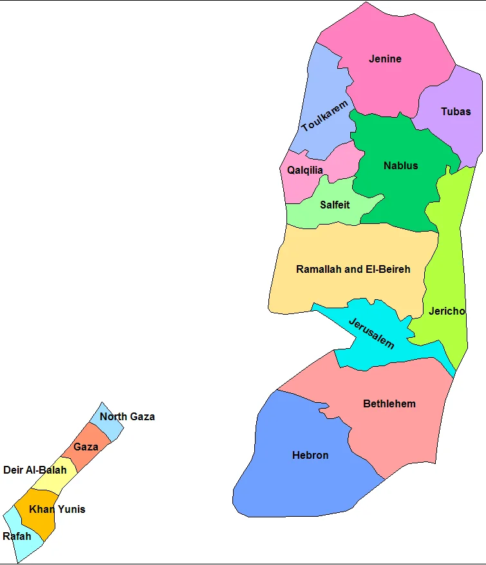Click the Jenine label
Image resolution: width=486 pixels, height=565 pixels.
tap(385, 59)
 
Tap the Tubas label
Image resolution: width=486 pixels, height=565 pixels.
tap(456, 111)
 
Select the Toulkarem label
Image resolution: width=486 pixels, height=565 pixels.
tap(324, 116)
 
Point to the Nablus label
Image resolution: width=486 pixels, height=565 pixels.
tap(400, 165)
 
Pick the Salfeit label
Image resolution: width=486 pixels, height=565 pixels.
tap(335, 205)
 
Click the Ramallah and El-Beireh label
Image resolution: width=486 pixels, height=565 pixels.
tap(353, 269)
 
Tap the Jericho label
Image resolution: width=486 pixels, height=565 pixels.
tap(446, 311)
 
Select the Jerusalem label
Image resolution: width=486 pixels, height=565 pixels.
tap(371, 333)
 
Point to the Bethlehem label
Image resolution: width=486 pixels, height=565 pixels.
tap(389, 404)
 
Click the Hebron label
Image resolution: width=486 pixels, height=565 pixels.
tap(310, 456)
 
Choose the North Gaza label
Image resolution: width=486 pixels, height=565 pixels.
tap(127, 417)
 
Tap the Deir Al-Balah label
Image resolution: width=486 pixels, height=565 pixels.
tap(35, 470)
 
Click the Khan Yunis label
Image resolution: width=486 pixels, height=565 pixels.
tap(57, 510)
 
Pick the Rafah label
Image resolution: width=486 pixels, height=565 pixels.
tap(17, 537)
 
